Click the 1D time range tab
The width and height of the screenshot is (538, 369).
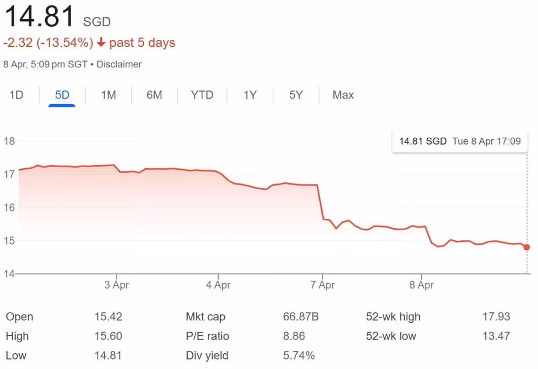[x=16, y=95]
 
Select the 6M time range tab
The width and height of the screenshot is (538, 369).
[x=154, y=95]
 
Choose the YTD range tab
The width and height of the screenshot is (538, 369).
[x=202, y=95]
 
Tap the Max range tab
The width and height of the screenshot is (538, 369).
[x=343, y=95]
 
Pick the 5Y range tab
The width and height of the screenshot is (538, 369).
[x=296, y=95]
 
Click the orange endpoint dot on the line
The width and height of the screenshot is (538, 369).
[x=527, y=247]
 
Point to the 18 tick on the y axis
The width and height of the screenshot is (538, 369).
[x=8, y=141]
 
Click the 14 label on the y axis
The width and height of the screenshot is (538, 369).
[x=8, y=274]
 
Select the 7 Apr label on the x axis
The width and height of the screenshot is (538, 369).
[x=322, y=285]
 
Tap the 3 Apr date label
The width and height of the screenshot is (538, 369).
[x=116, y=285]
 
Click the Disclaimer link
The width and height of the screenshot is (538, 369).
[x=119, y=65]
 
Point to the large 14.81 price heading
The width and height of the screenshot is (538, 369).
[x=40, y=17]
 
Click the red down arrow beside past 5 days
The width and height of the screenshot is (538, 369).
[x=101, y=43]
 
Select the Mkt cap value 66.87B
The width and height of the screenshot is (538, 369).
[x=301, y=317]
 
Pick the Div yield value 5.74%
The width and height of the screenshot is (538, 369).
[x=298, y=356]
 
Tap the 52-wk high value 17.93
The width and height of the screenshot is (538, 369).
[x=496, y=317]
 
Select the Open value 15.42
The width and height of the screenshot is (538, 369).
[x=108, y=317]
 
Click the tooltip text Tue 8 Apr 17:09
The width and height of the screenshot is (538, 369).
[x=486, y=141]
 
